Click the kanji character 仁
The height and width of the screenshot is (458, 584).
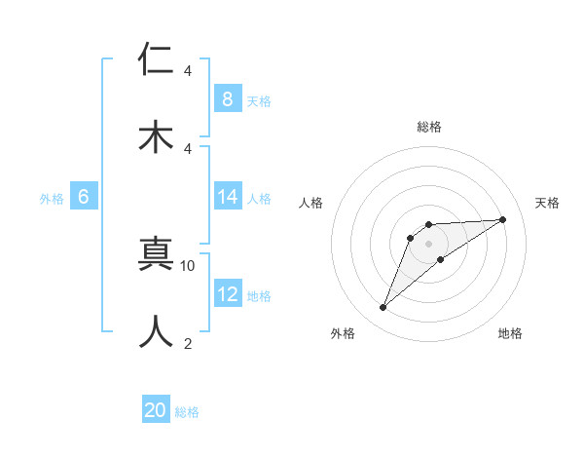[157, 59]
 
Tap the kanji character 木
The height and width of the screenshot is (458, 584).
[157, 135]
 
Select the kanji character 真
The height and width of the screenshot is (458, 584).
[157, 254]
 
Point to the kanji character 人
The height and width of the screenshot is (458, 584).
[157, 330]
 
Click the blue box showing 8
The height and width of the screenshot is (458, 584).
[227, 98]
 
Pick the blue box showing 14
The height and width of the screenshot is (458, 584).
[227, 197]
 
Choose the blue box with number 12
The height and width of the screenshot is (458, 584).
[227, 294]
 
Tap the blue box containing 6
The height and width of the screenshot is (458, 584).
[84, 197]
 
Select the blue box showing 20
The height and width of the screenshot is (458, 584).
[156, 410]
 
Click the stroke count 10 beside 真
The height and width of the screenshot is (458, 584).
[188, 265]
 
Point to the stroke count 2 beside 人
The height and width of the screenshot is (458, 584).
[188, 342]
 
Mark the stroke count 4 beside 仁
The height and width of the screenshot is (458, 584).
[188, 71]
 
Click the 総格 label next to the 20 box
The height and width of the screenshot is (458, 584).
[187, 412]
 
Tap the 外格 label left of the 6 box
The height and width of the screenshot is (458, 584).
[52, 198]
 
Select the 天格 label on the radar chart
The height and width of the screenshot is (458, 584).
[547, 203]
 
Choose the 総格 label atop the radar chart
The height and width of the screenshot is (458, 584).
[428, 127]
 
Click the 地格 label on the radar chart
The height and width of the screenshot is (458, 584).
[510, 333]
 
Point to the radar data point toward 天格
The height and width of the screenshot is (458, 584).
[502, 219]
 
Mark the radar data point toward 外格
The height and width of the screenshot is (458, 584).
[383, 308]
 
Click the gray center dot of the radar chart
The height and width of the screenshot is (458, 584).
[428, 243]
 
